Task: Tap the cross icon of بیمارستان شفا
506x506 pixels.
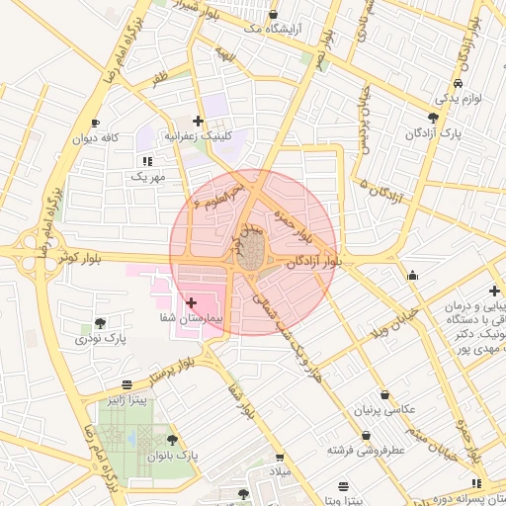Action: [191, 301]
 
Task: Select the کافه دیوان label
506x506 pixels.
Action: [95, 138]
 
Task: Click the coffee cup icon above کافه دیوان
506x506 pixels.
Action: [95, 124]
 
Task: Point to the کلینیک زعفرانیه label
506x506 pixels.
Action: [197, 136]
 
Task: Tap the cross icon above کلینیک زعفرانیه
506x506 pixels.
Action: [198, 121]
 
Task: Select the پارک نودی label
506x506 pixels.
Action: [101, 339]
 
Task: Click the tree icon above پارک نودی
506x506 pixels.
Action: [101, 323]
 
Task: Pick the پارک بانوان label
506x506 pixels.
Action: [173, 457]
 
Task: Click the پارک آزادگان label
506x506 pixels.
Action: [434, 132]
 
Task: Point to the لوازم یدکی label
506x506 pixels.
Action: [458, 99]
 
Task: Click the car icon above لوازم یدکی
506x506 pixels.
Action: [458, 84]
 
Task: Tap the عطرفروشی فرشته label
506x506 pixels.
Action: [370, 449]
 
